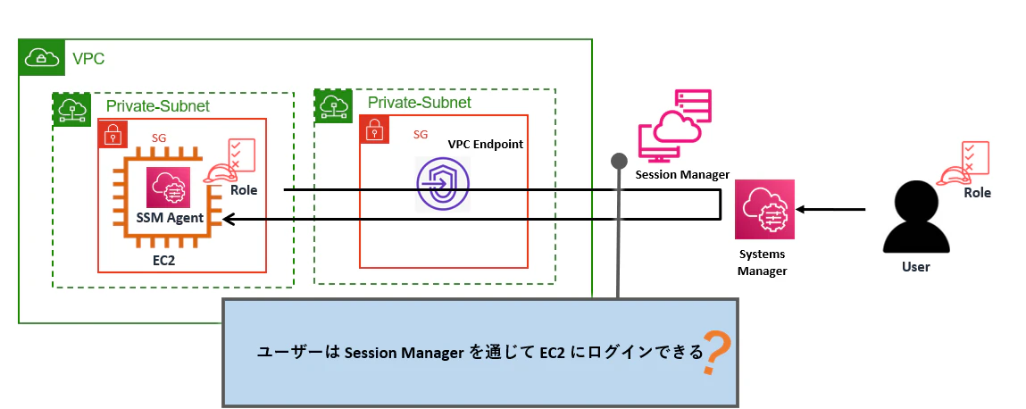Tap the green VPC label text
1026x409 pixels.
[88, 60]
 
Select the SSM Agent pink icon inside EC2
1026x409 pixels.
[168, 188]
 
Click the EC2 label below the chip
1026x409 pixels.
[163, 261]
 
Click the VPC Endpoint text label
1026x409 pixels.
[486, 144]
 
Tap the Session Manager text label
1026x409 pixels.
[682, 175]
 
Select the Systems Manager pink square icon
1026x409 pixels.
[764, 209]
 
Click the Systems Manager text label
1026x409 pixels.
[763, 263]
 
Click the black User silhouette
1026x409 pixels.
[915, 217]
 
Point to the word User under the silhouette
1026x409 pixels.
[915, 267]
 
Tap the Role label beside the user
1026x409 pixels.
[978, 193]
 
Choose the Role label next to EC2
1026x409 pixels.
[244, 190]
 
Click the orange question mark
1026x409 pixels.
[716, 352]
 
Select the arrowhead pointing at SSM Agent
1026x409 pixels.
[228, 219]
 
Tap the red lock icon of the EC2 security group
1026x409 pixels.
[113, 133]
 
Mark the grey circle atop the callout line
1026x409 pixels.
[618, 161]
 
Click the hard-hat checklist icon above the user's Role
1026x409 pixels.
[963, 163]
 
